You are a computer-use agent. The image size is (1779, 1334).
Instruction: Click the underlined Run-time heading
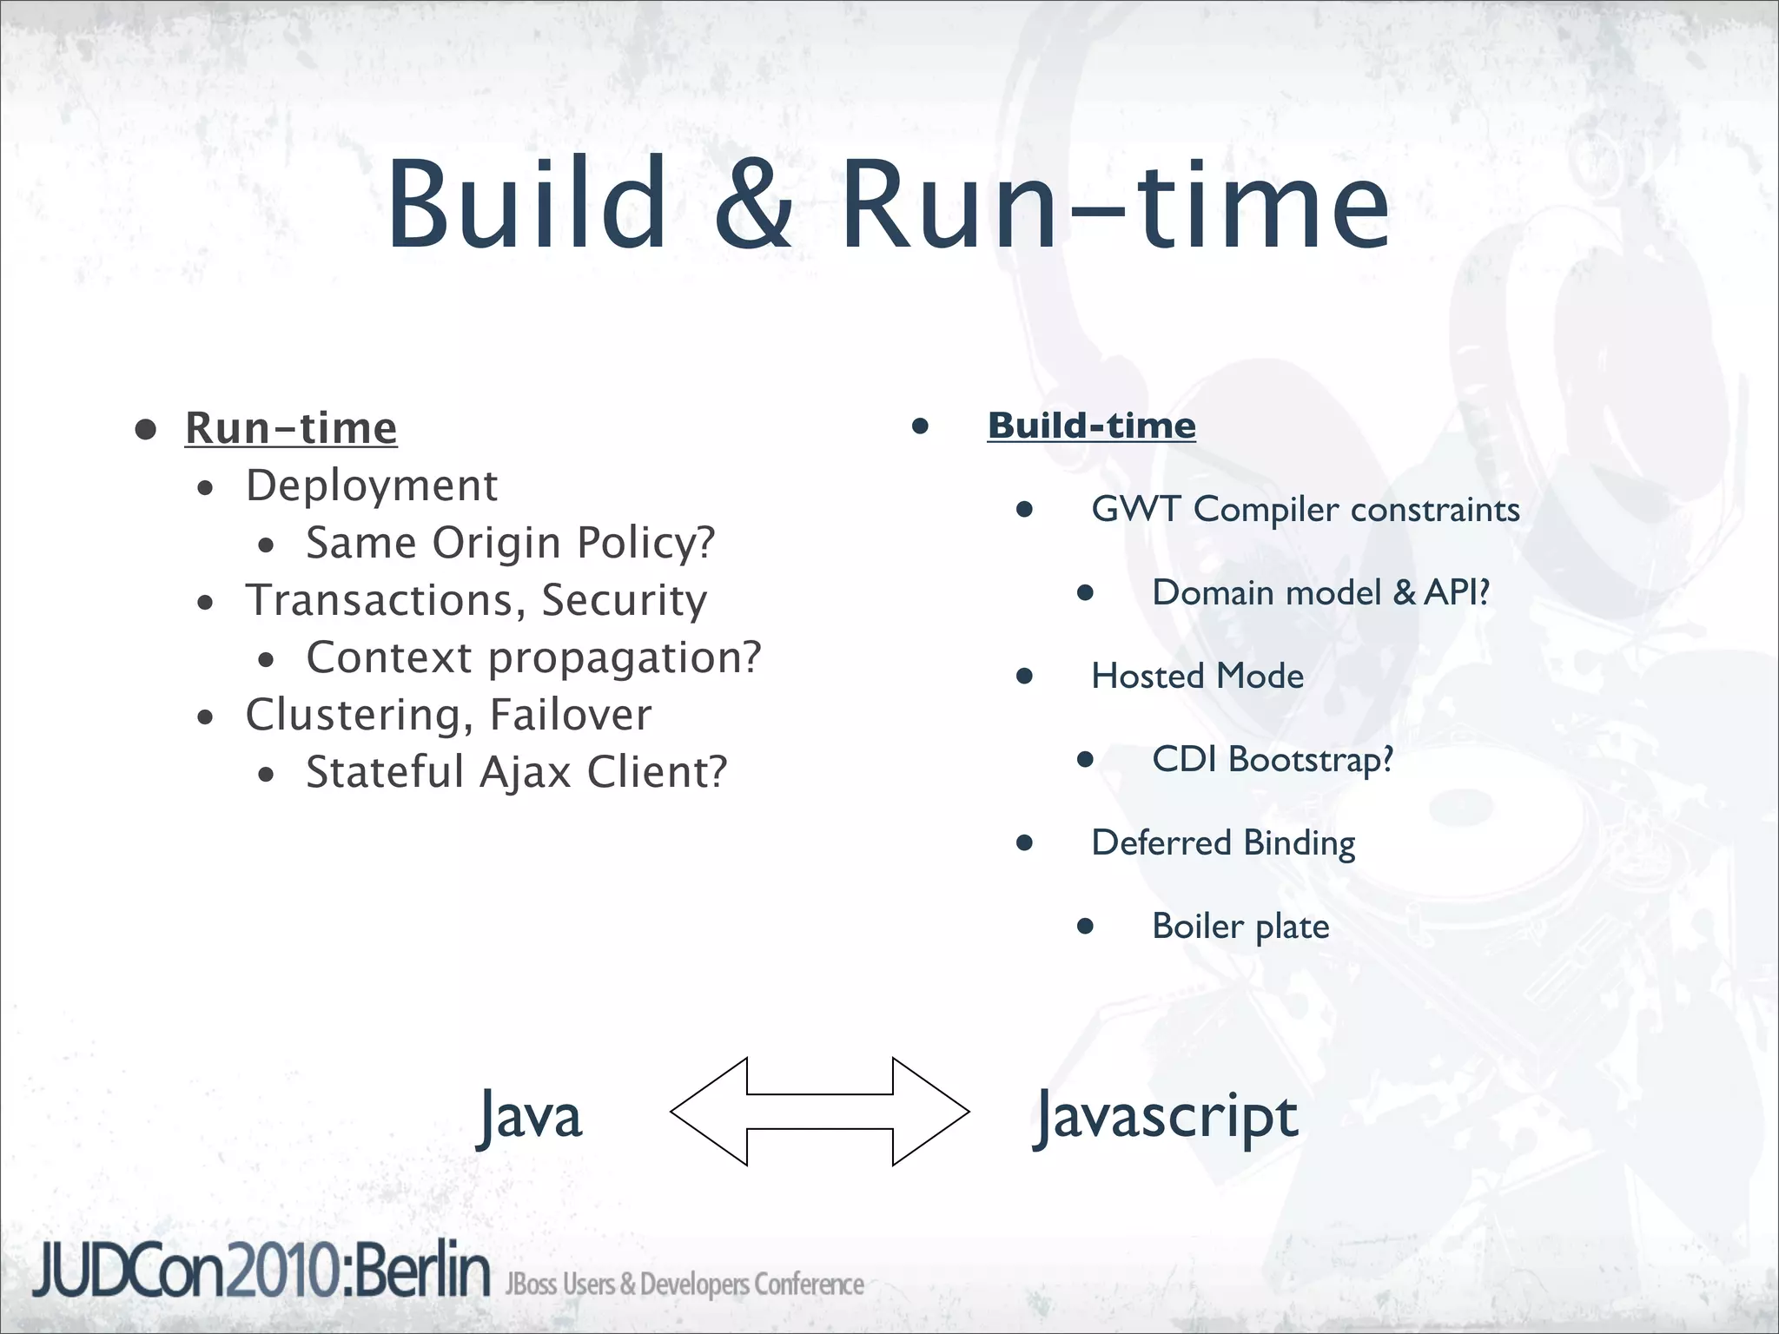click(x=291, y=427)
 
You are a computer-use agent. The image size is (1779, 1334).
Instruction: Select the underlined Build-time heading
click(x=1091, y=426)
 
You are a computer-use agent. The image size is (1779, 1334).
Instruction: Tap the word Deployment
click(x=371, y=485)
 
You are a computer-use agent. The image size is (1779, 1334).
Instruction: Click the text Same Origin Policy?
click(x=510, y=543)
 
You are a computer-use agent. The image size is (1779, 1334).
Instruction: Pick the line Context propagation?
click(x=533, y=657)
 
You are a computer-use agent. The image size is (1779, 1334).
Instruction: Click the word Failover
click(x=570, y=715)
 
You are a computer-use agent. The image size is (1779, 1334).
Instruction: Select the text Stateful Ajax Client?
click(x=516, y=772)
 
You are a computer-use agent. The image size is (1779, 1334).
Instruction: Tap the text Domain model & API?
click(x=1320, y=592)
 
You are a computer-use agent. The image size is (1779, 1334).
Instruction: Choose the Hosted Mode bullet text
click(x=1197, y=676)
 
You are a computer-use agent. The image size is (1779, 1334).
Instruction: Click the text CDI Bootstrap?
click(x=1272, y=759)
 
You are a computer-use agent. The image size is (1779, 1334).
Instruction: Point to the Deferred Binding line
click(x=1223, y=842)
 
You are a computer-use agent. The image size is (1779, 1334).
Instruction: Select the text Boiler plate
click(x=1240, y=926)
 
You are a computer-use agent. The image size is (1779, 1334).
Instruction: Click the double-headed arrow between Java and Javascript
click(x=819, y=1111)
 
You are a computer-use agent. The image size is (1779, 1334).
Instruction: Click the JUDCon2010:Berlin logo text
click(x=261, y=1271)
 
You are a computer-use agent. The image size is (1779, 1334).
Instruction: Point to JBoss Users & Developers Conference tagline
click(x=684, y=1284)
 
